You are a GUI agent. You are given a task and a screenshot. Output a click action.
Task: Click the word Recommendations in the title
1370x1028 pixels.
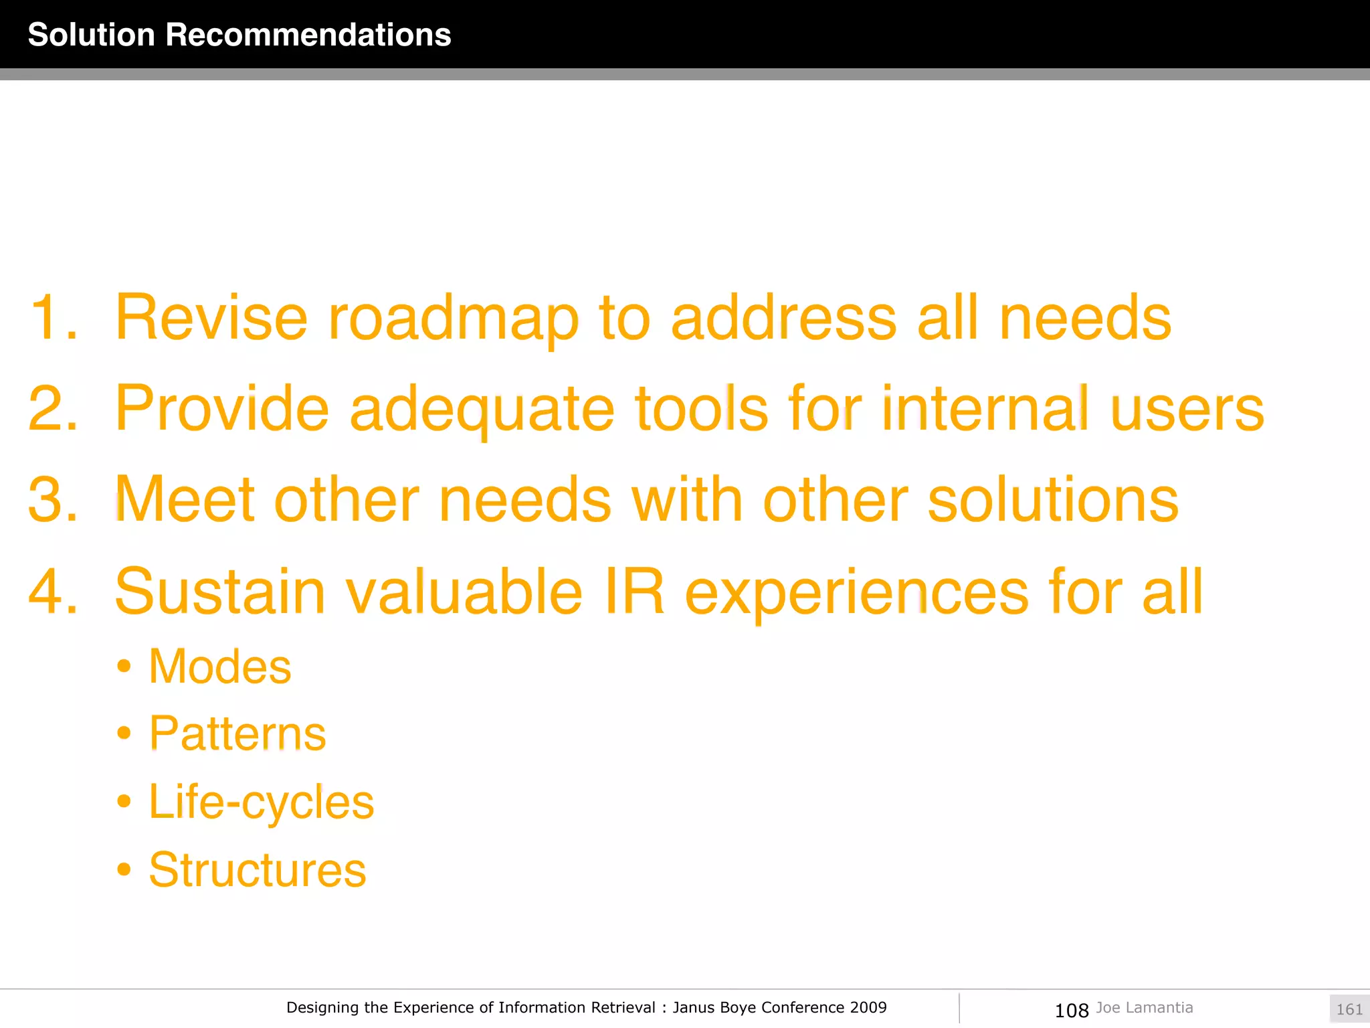pos(308,35)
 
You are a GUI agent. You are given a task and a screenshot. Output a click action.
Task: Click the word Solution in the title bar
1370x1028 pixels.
pos(92,35)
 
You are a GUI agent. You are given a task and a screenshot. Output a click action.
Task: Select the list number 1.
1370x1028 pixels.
pos(52,318)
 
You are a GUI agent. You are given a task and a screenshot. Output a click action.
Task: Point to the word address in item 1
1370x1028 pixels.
pos(783,318)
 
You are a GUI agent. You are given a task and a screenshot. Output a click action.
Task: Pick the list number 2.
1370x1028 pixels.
pos(52,409)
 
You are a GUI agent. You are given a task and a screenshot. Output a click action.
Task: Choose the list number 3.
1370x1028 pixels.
pos(52,500)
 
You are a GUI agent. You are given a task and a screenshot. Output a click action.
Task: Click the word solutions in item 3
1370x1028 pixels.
pos(1053,499)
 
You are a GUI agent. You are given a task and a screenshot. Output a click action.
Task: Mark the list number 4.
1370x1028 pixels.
pos(52,592)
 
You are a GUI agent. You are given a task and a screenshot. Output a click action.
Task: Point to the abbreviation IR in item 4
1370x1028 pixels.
pos(634,591)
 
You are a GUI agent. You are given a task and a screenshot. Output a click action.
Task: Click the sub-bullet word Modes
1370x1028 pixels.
pos(220,667)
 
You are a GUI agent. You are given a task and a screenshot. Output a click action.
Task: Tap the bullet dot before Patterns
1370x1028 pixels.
pos(124,734)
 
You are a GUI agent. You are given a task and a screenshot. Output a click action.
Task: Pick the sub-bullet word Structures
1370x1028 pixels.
pos(258,870)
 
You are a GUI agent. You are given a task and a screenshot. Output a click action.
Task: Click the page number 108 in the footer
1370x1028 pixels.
pos(1072,1010)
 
